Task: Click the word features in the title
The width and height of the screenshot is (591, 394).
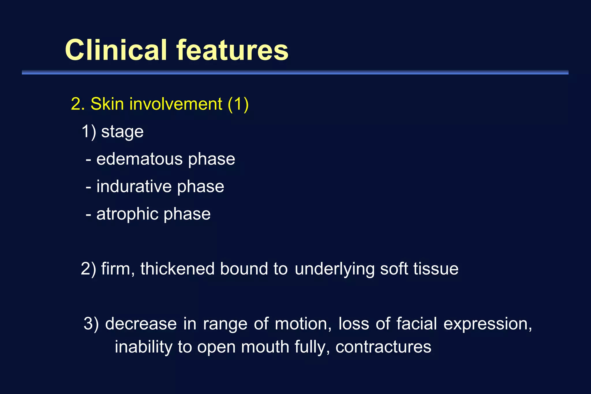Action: click(232, 50)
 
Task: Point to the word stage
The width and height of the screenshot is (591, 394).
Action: click(122, 132)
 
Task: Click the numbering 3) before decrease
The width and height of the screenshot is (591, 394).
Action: click(91, 324)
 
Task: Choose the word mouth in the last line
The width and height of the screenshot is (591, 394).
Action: click(265, 347)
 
